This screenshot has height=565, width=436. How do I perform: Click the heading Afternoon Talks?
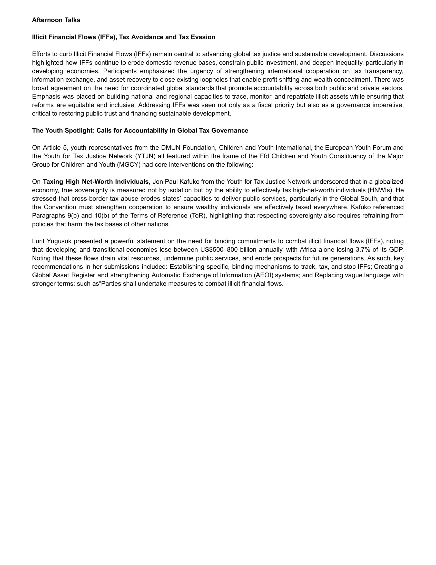pos(56,20)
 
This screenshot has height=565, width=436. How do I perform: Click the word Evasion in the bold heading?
pos(204,37)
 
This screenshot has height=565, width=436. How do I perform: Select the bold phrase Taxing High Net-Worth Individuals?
pos(96,182)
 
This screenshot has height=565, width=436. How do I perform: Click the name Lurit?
pos(38,241)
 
